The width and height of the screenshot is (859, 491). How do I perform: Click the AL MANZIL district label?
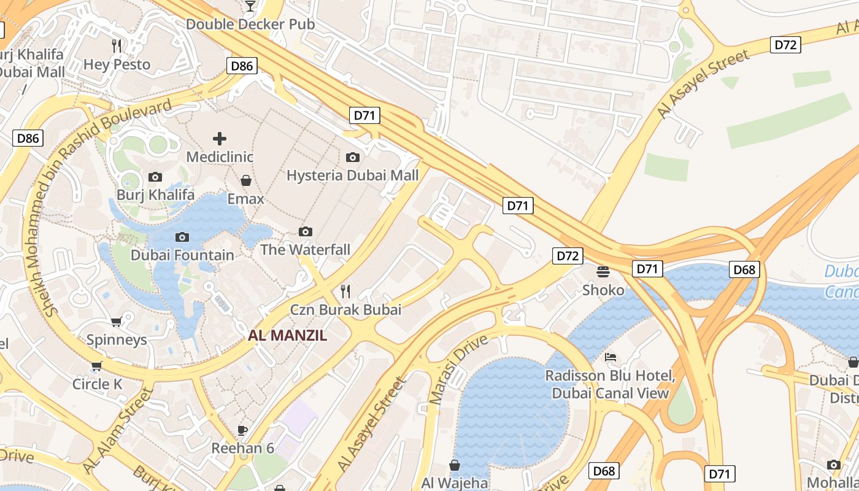coord(287,336)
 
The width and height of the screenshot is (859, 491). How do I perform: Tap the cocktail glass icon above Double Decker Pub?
coord(250,6)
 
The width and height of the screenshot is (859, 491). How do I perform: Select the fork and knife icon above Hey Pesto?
coord(117,45)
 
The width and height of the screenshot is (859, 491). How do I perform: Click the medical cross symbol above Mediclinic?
coord(219,139)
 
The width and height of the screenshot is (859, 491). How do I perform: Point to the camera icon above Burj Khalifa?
coord(155,177)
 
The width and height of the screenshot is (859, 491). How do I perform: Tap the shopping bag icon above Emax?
coord(246,180)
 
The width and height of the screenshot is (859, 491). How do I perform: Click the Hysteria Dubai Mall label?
coord(353,176)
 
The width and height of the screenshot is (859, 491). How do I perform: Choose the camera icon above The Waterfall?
coord(305,231)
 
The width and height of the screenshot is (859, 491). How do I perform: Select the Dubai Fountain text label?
coord(182,255)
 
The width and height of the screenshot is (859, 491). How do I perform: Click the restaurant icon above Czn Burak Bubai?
coord(345,291)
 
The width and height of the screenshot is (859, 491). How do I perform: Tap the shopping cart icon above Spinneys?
coord(116,322)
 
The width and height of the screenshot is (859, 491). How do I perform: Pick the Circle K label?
coord(98,384)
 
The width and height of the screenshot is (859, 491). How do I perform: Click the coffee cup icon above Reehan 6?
coord(242,430)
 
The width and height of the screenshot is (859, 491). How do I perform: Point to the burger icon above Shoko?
coord(603,271)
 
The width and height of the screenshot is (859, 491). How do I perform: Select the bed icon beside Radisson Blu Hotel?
coord(610,357)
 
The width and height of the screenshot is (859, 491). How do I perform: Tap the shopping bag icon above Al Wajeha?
coord(455,465)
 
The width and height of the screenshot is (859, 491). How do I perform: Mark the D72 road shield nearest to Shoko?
coord(567,256)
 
